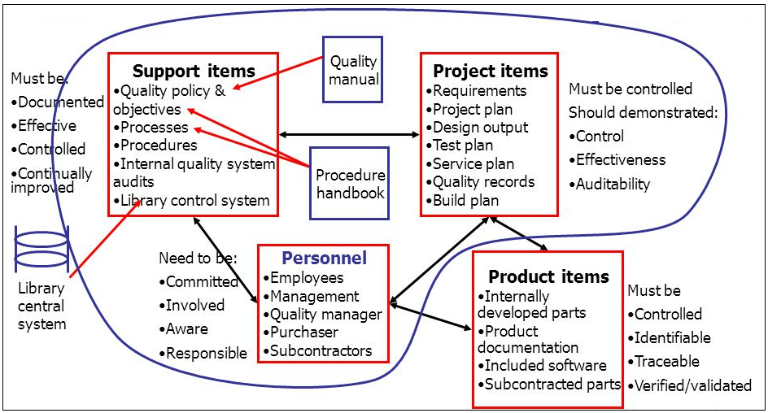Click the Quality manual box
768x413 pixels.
tap(353, 69)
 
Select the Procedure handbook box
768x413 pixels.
tap(351, 184)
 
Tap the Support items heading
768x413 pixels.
tap(194, 71)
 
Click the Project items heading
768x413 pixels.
tap(490, 71)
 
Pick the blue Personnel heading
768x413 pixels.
tap(324, 258)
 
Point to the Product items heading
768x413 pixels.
tap(548, 276)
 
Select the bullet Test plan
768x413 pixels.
tap(463, 146)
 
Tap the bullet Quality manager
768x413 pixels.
tap(325, 315)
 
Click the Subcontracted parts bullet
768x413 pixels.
tap(552, 384)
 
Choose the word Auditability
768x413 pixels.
tap(613, 184)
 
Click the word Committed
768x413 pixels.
tap(202, 282)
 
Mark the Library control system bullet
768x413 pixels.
tap(194, 200)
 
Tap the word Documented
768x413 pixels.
tap(60, 102)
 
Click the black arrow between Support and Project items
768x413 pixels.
tap(350, 133)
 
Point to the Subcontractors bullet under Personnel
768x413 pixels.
tap(321, 351)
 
